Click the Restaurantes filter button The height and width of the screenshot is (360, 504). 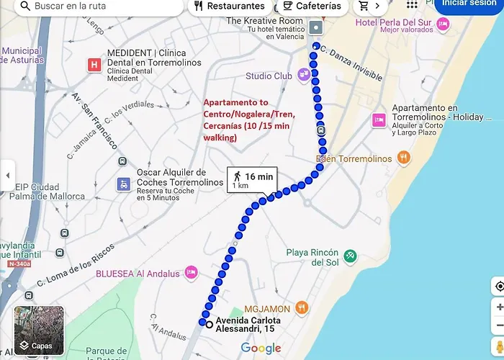point(230,6)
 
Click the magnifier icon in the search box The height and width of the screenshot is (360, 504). point(25,6)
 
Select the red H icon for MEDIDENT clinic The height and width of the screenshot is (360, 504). point(93,65)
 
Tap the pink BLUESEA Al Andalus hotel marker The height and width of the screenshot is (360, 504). point(191,272)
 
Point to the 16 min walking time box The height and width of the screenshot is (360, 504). point(251,180)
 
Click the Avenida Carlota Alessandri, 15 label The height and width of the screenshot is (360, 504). point(248,325)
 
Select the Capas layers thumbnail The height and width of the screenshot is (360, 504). point(39,330)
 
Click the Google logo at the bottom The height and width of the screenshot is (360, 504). point(261,348)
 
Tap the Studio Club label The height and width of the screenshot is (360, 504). point(268,76)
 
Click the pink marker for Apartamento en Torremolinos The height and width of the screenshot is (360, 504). point(379,119)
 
